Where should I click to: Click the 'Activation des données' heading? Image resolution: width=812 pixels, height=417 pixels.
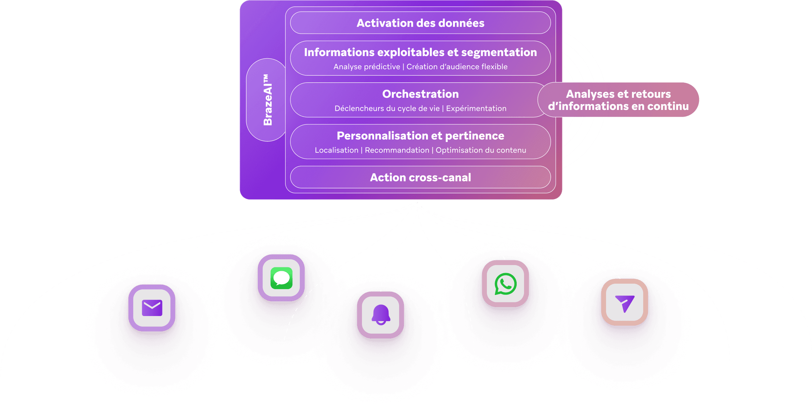click(x=420, y=23)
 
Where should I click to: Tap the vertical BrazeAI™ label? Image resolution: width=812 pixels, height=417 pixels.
click(x=267, y=100)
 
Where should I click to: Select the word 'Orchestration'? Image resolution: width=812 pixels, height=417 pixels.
click(x=420, y=94)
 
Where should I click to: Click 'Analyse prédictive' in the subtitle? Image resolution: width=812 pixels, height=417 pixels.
click(x=367, y=67)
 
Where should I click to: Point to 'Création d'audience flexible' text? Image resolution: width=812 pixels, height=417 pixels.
click(x=457, y=67)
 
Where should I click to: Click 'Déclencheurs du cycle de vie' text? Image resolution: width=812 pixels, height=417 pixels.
click(x=387, y=108)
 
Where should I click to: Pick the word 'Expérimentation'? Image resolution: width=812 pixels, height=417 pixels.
click(x=476, y=108)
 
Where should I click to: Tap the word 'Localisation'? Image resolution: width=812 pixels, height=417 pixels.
click(x=336, y=150)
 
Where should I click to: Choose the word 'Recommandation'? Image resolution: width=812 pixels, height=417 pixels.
click(x=397, y=150)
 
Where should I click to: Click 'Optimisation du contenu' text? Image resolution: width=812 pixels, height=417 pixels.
click(x=481, y=150)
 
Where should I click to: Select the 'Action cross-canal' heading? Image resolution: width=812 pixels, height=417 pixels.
click(x=420, y=177)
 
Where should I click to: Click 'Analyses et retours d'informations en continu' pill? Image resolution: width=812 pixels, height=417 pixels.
click(x=618, y=100)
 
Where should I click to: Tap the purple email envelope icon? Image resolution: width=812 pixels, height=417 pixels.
click(x=152, y=308)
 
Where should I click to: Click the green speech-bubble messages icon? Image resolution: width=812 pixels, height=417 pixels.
click(x=281, y=278)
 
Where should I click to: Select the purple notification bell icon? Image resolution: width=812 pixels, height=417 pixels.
click(x=381, y=315)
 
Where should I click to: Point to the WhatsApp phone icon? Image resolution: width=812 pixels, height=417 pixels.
click(x=505, y=284)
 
